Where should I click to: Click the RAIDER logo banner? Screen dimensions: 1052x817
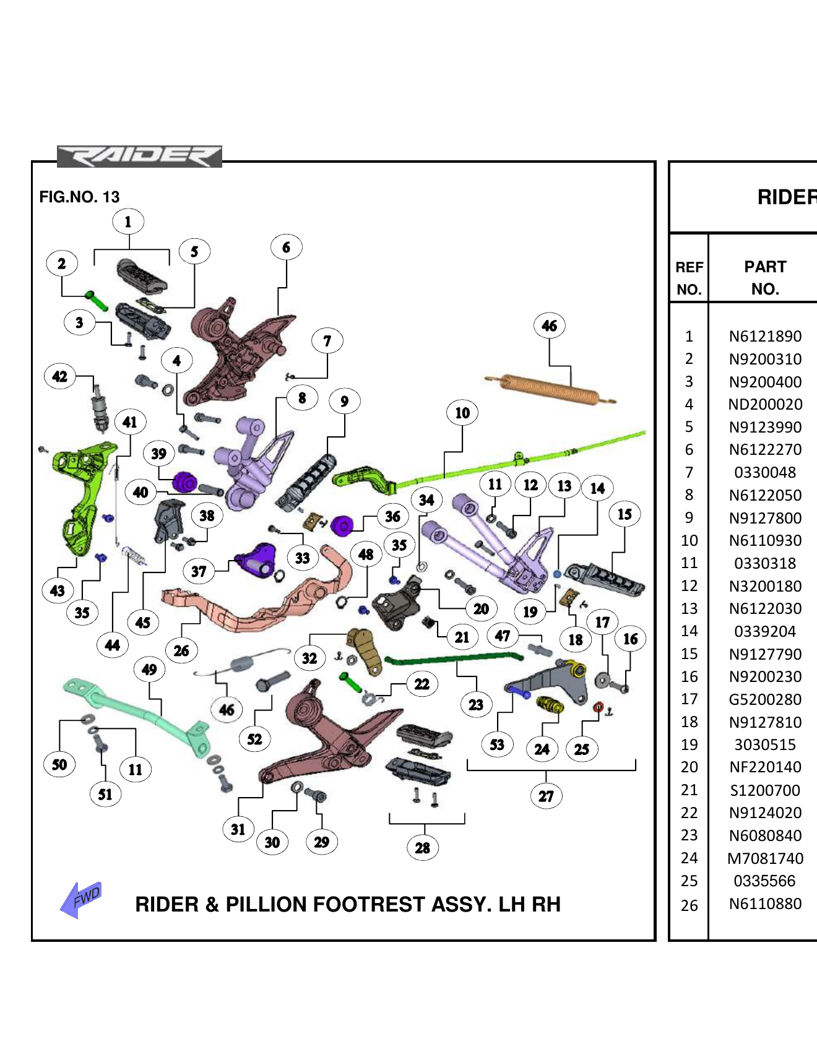(x=139, y=157)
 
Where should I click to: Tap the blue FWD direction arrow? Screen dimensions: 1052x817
(x=82, y=899)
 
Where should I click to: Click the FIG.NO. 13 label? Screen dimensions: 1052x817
(x=79, y=197)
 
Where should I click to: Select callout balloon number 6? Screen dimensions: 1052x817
(x=286, y=248)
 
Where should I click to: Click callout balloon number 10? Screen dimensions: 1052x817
(x=462, y=413)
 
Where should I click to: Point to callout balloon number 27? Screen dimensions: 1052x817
(x=546, y=796)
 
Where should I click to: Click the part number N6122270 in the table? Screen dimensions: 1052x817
(x=765, y=450)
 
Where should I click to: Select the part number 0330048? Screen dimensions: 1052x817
(x=765, y=472)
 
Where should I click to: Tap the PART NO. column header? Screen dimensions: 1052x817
(x=765, y=278)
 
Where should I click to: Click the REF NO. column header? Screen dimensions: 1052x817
(x=689, y=278)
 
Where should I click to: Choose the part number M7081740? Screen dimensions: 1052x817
(x=765, y=858)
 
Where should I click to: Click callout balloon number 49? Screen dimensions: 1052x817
(x=149, y=669)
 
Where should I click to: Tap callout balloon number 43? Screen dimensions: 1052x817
(x=58, y=590)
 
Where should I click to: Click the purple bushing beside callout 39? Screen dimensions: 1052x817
(x=184, y=481)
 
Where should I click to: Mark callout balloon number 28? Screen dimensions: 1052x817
(x=423, y=848)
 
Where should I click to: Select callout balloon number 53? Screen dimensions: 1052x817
(x=497, y=744)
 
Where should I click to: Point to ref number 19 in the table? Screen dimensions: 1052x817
(x=689, y=744)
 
